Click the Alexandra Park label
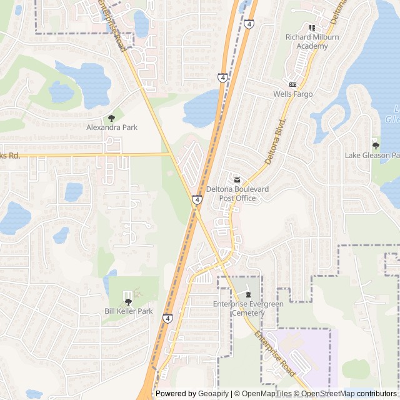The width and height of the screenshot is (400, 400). coord(112,127)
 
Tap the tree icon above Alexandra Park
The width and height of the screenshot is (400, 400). coord(112,117)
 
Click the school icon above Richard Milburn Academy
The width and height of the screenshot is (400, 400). coord(311,27)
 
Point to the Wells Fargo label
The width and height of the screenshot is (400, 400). coord(292,94)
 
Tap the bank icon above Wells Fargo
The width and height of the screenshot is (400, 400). coord(292,84)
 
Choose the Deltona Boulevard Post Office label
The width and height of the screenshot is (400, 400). coord(237,194)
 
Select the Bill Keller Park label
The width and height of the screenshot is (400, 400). coord(128,311)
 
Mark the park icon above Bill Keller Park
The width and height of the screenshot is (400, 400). coord(128,301)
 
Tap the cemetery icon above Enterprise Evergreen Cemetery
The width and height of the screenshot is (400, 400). coord(248,294)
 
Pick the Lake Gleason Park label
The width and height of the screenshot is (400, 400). coord(372,155)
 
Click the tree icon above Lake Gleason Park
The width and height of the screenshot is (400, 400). coord(375,145)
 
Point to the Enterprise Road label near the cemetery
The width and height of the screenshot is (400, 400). coord(275,353)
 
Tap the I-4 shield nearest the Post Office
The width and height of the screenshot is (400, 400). coord(197,199)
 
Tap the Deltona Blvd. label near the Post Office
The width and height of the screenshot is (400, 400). coord(276,142)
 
